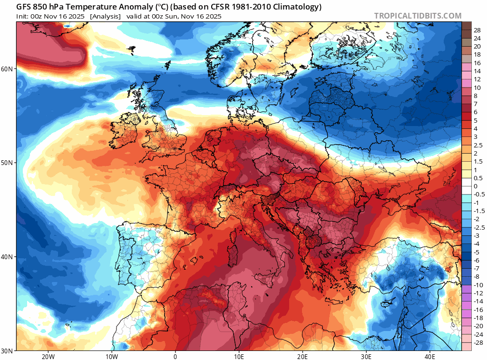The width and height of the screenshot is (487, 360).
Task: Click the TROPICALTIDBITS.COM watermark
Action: pyautogui.click(x=418, y=16)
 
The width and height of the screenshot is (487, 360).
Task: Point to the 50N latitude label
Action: pyautogui.click(x=8, y=163)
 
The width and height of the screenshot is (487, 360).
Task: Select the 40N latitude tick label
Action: pyautogui.click(x=8, y=257)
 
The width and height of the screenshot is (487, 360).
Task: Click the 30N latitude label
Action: pyautogui.click(x=8, y=350)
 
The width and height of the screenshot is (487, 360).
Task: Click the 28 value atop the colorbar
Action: pyautogui.click(x=477, y=30)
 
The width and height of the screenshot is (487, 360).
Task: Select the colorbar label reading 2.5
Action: pyautogui.click(x=477, y=145)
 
